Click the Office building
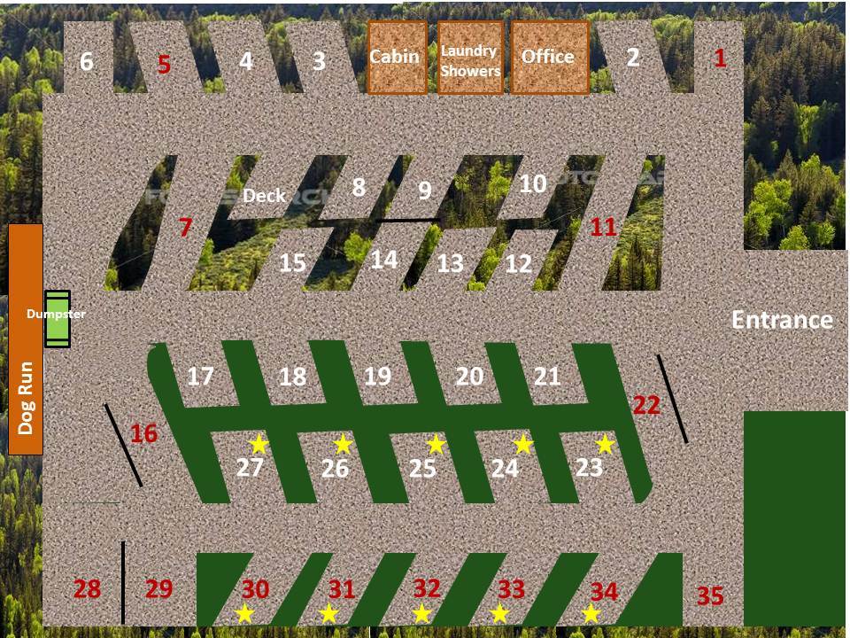click(x=550, y=58)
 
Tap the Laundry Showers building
click(x=470, y=58)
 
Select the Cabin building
click(x=398, y=58)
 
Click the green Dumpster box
click(x=57, y=319)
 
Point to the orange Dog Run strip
click(x=25, y=339)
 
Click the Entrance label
click(x=782, y=320)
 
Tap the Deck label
click(x=264, y=195)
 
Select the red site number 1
click(x=720, y=58)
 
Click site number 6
click(x=87, y=61)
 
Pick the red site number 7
click(x=185, y=228)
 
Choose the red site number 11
click(x=603, y=227)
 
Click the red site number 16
click(x=143, y=433)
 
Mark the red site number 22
click(x=646, y=405)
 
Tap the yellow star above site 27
click(x=259, y=444)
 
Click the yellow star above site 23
click(x=605, y=444)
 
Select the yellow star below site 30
click(x=244, y=613)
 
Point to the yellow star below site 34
click(x=591, y=613)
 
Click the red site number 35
click(x=710, y=595)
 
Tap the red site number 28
click(x=88, y=588)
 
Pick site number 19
click(x=377, y=376)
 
